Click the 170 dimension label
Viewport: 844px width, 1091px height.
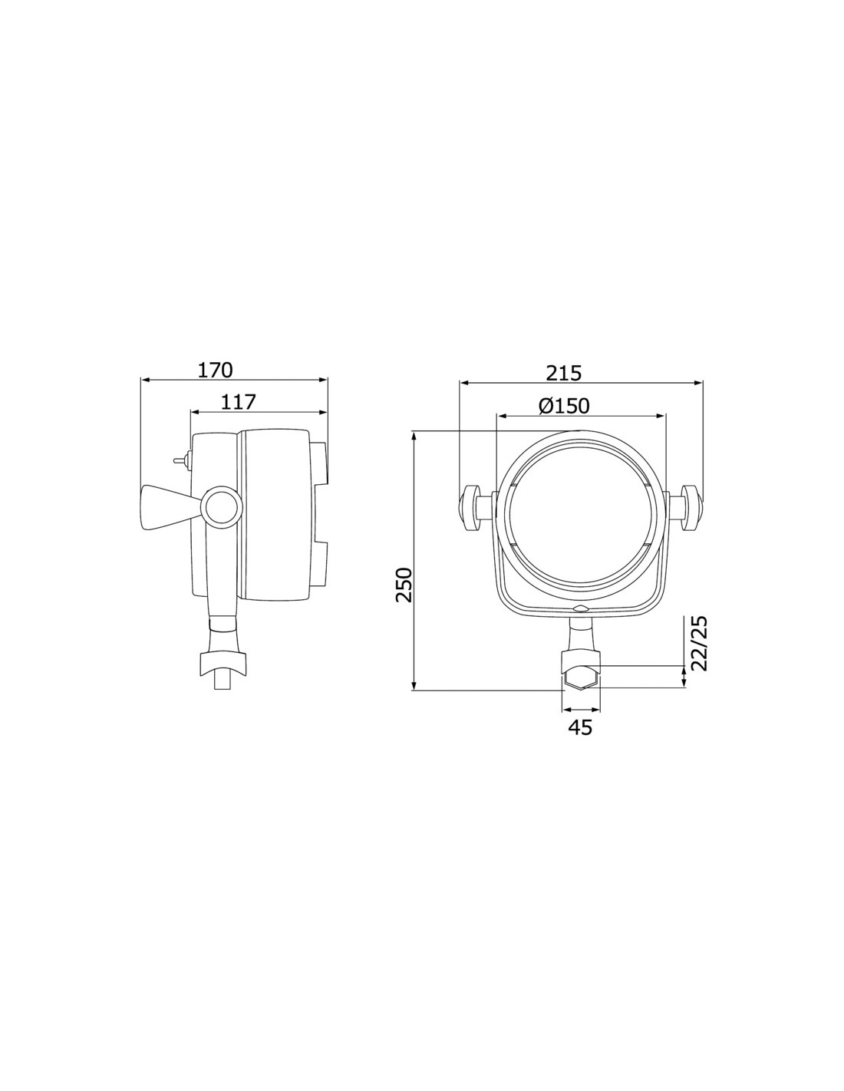click(x=215, y=371)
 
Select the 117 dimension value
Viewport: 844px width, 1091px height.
click(x=239, y=402)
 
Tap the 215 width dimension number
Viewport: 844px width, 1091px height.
click(x=564, y=374)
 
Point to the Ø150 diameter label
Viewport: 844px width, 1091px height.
click(x=564, y=405)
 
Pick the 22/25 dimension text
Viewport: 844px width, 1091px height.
click(x=699, y=644)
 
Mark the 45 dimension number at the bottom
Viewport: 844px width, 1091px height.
click(x=581, y=727)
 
